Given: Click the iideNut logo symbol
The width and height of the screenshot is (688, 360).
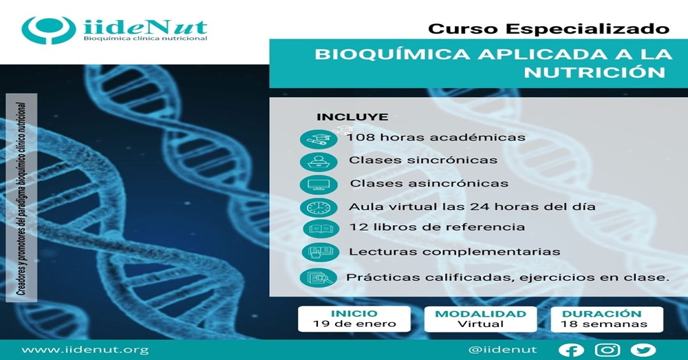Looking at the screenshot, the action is (x=49, y=30).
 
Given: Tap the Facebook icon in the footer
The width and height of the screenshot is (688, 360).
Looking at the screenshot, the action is (x=571, y=350).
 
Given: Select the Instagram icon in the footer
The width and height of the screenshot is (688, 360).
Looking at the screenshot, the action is (x=608, y=350).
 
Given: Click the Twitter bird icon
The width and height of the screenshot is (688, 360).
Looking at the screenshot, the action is (x=643, y=350).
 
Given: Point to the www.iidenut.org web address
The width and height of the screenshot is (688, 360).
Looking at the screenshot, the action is (x=85, y=350).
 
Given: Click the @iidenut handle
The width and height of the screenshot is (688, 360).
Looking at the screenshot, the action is (x=502, y=350).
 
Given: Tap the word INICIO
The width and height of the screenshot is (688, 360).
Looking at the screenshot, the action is (x=354, y=313).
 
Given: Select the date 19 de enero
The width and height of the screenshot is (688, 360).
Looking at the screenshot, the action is (x=354, y=324).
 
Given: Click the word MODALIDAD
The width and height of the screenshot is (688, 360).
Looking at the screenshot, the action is (x=480, y=314).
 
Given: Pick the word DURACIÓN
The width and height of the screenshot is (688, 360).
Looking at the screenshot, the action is (x=601, y=313).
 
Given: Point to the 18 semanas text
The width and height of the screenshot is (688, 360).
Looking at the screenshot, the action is (x=604, y=324).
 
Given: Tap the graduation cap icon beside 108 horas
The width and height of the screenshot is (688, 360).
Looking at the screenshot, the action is (x=319, y=140).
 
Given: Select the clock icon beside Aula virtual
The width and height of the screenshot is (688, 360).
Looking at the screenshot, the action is (x=319, y=208).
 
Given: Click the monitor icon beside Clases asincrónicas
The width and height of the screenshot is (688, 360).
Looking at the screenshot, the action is (x=319, y=184).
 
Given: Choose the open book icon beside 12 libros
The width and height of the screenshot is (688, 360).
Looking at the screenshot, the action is (x=321, y=229).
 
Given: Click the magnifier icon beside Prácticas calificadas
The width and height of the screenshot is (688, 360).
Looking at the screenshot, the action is (x=319, y=278).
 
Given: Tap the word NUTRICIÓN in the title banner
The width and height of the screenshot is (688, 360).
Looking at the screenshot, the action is (x=594, y=72).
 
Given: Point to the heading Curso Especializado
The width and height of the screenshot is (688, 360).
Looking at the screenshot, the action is (x=548, y=29).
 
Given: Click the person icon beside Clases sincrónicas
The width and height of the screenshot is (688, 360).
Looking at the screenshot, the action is (x=319, y=162).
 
